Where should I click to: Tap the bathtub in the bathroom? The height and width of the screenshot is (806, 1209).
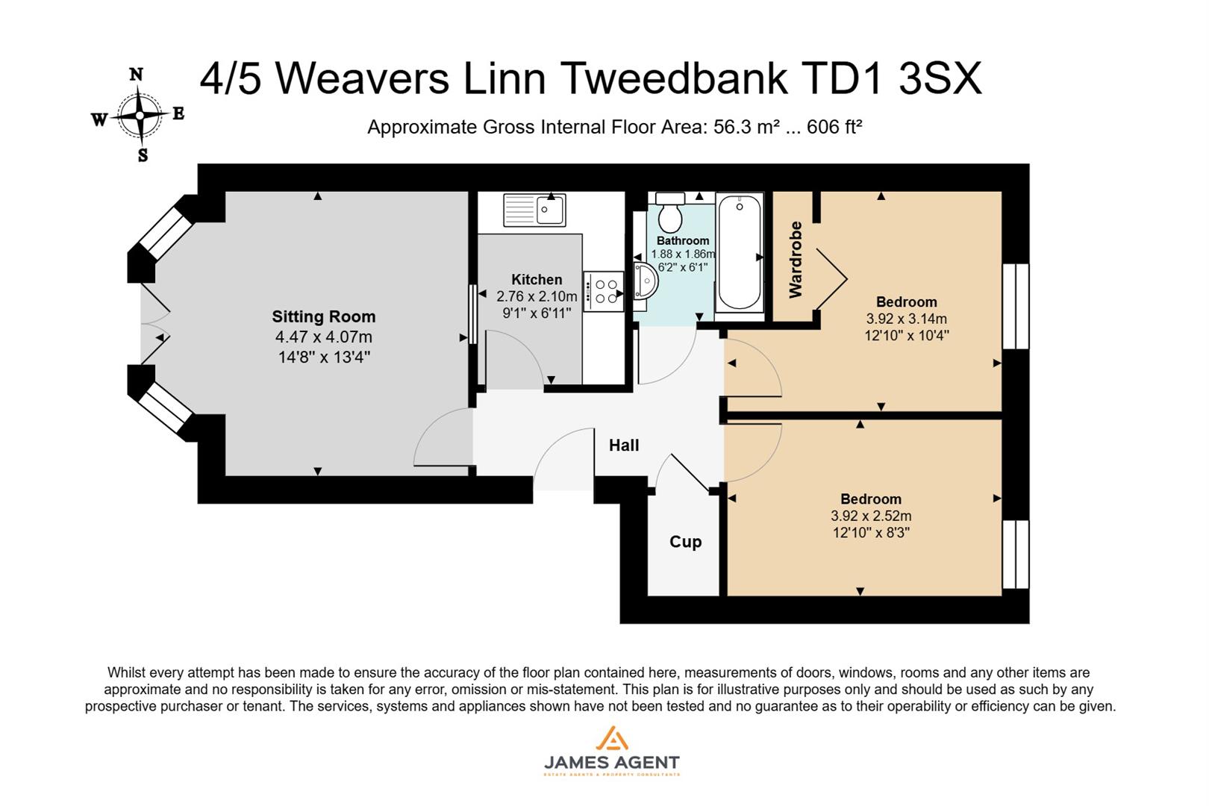[739, 252]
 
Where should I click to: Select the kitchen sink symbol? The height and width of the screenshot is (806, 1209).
[535, 209]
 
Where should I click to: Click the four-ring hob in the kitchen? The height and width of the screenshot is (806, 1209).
[604, 291]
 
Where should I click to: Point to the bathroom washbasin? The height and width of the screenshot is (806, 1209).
[645, 281]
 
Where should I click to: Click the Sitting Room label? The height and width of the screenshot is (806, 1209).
[323, 316]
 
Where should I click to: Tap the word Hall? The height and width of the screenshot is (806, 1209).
[624, 446]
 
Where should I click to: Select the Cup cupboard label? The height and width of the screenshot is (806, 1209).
[685, 542]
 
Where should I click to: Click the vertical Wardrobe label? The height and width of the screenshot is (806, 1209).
[796, 260]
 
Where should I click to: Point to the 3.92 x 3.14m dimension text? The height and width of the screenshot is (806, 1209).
[906, 319]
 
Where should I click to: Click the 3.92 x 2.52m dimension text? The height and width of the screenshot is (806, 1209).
[870, 516]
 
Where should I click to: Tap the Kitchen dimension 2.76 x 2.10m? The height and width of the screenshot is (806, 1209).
[537, 296]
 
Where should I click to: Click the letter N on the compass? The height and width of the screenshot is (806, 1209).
[136, 74]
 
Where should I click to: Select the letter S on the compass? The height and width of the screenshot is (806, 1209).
[143, 156]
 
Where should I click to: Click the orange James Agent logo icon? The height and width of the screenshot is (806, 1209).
[611, 739]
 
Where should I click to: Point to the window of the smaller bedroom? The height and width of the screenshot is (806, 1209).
[1015, 554]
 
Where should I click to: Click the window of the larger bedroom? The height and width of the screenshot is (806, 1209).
[1015, 306]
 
